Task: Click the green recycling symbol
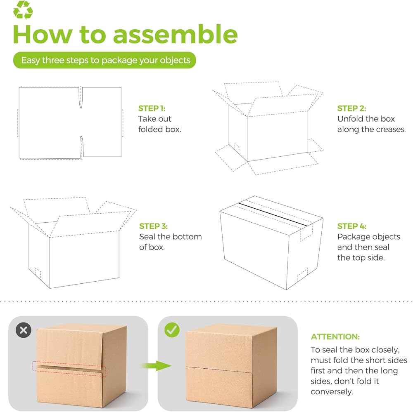[23, 10]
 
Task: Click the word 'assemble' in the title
[176, 35]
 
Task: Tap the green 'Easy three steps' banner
[104, 60]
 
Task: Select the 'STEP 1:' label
[152, 108]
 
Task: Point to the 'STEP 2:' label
[351, 108]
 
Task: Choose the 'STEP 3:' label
[153, 226]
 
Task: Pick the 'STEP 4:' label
[351, 226]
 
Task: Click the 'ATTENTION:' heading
[335, 337]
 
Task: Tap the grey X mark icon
[24, 330]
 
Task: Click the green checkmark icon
[172, 330]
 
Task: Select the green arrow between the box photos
[156, 366]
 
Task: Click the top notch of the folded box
[81, 97]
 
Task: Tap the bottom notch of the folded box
[81, 147]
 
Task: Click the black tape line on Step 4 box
[273, 214]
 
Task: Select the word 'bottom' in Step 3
[187, 237]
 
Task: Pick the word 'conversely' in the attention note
[332, 392]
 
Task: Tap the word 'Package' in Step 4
[354, 237]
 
